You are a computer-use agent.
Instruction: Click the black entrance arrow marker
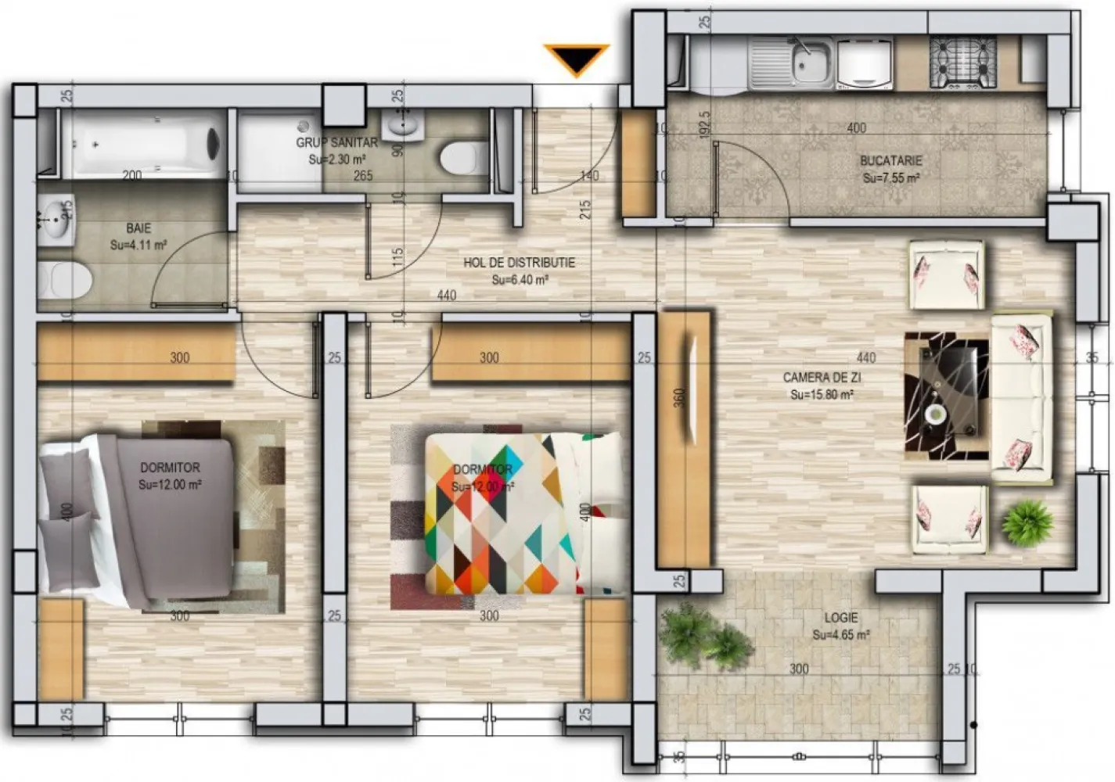point(577,59)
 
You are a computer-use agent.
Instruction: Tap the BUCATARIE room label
point(890,161)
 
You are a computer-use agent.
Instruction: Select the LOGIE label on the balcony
point(840,618)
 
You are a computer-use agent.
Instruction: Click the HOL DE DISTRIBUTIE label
point(519,263)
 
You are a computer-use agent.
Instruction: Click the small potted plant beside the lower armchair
point(1027,522)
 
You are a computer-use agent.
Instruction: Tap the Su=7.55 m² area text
point(890,178)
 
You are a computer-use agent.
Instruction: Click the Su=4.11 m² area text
point(138,246)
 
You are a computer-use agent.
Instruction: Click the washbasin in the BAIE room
point(56,220)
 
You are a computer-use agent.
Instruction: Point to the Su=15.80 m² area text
point(822,395)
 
